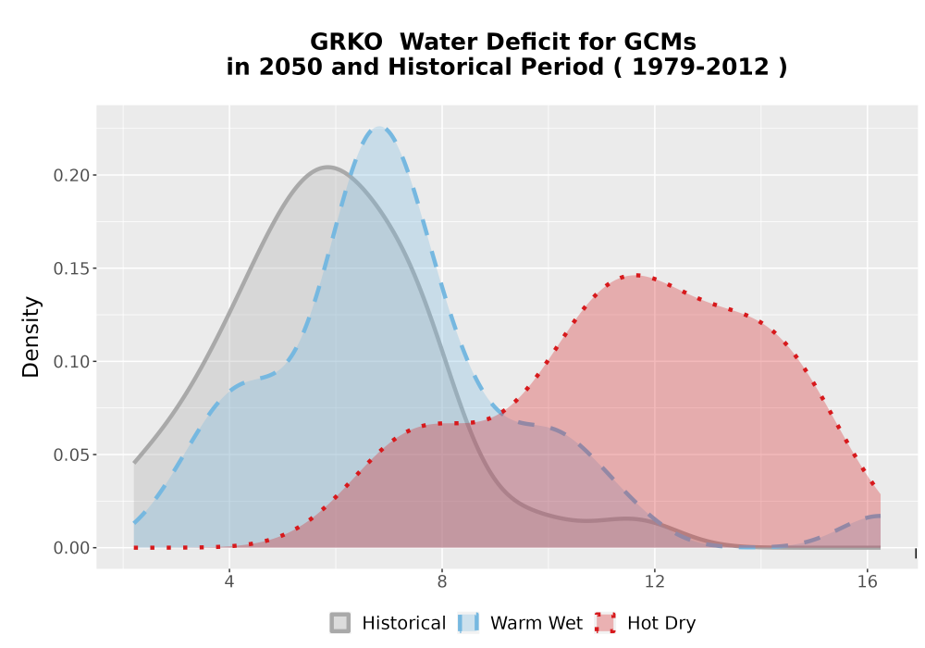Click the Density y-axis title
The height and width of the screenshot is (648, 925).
click(31, 337)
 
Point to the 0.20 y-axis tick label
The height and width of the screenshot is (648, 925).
click(71, 175)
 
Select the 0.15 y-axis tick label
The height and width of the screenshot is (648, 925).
click(71, 268)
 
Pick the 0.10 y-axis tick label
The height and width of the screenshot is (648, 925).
click(71, 362)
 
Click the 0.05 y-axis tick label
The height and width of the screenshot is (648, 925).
click(71, 455)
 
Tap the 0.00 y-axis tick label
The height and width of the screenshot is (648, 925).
click(71, 548)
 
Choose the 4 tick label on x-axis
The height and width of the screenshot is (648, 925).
click(229, 582)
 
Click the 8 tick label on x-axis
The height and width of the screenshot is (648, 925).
click(442, 582)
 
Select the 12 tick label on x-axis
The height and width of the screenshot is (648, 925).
click(654, 582)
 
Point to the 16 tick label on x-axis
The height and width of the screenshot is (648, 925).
click(868, 582)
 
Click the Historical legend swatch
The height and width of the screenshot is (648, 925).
click(339, 623)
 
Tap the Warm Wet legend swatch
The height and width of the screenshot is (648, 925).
click(468, 623)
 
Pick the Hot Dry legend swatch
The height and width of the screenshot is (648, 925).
click(605, 623)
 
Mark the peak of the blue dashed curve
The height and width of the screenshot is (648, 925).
click(379, 128)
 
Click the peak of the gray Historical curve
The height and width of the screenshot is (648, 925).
click(328, 167)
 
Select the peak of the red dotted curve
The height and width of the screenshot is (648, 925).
click(637, 275)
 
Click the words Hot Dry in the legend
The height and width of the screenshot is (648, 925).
click(661, 623)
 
